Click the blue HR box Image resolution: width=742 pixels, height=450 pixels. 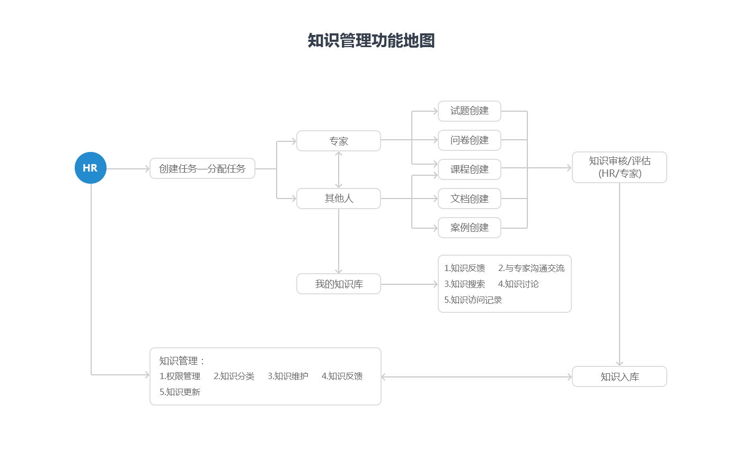90,167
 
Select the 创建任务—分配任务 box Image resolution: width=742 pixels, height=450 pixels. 202,168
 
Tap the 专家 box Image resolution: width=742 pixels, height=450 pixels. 338,141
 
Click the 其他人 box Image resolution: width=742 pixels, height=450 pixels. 338,199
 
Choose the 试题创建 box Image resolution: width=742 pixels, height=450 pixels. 469,111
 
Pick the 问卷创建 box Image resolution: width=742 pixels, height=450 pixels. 469,140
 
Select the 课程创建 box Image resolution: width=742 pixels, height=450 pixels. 469,169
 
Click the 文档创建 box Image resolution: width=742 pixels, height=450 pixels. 469,199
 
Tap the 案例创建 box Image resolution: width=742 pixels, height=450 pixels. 469,228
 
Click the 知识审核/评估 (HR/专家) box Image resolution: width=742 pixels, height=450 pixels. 619,167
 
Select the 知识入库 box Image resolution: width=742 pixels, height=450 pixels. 619,376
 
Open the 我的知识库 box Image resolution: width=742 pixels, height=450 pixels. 338,284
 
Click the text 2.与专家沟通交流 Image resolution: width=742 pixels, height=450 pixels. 531,268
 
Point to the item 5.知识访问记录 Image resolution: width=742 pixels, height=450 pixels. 473,300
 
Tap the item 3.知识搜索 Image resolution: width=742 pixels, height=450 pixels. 464,284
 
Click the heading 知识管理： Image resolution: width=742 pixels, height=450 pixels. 182,361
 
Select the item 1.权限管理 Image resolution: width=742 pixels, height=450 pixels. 180,376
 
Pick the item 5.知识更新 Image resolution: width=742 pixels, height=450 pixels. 180,392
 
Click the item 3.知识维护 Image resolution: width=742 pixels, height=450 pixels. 288,376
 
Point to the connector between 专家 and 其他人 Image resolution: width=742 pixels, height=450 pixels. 338,169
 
